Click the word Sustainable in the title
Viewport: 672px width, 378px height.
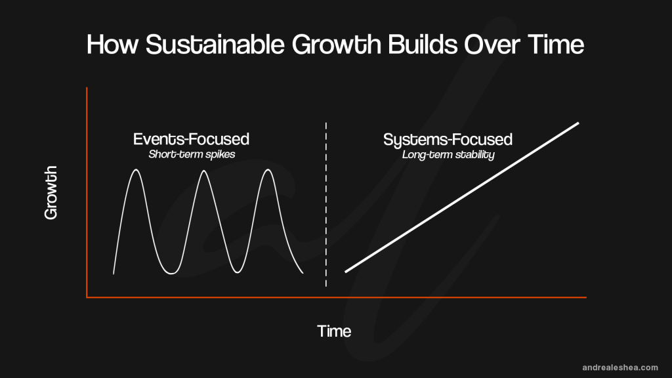pyautogui.click(x=215, y=44)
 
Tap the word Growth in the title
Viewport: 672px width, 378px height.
pyautogui.click(x=337, y=44)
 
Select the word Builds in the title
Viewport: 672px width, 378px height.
pyautogui.click(x=423, y=44)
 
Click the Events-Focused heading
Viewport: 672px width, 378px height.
pyautogui.click(x=191, y=139)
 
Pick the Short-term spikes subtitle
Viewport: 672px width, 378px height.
pyautogui.click(x=192, y=154)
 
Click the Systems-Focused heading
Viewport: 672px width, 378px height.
pyautogui.click(x=448, y=140)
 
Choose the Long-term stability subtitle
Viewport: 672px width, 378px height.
pyautogui.click(x=448, y=155)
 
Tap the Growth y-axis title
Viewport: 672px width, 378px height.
pyautogui.click(x=51, y=192)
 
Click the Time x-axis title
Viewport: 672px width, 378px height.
pyautogui.click(x=334, y=331)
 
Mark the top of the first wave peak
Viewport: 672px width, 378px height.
pyautogui.click(x=136, y=170)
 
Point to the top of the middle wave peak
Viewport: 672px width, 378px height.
pyautogui.click(x=204, y=171)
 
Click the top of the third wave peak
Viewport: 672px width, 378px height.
pyautogui.click(x=268, y=170)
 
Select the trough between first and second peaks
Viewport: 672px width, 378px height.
pyautogui.click(x=171, y=274)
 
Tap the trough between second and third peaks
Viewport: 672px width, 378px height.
pyautogui.click(x=238, y=272)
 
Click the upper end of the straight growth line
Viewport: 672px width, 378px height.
pyautogui.click(x=579, y=123)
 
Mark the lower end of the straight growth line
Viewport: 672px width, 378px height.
pyautogui.click(x=345, y=272)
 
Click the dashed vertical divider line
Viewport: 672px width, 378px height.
pyautogui.click(x=326, y=205)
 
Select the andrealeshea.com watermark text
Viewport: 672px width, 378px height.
pyautogui.click(x=620, y=367)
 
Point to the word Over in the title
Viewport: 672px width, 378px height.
pyautogui.click(x=492, y=44)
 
